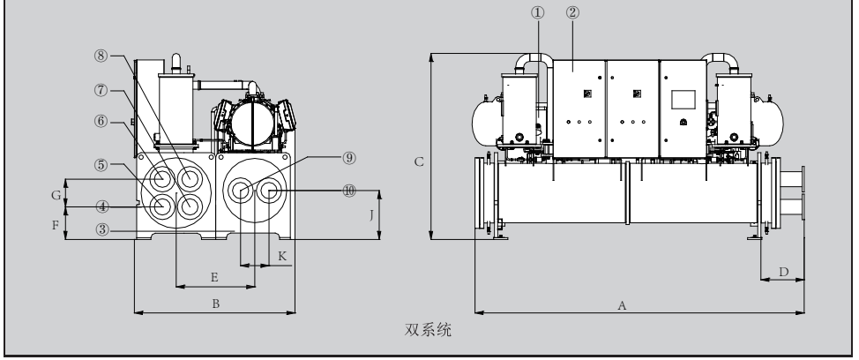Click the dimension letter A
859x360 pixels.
[622, 305]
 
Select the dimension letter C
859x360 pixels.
[421, 161]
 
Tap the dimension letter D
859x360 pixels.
[782, 273]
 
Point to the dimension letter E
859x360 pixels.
[214, 276]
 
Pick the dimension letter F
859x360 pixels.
[55, 225]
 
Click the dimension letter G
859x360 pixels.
[55, 192]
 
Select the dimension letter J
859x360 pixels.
[373, 213]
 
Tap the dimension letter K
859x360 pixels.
[282, 255]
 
